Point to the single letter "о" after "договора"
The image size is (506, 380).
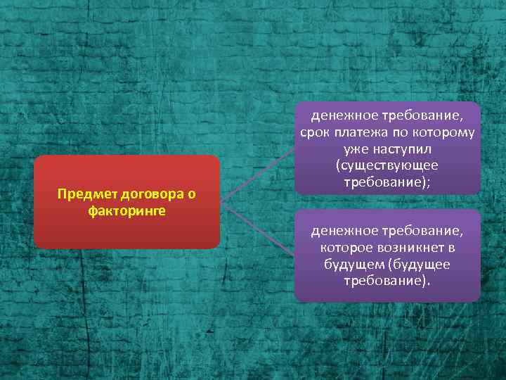click(x=190, y=194)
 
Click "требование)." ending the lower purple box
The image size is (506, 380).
click(x=387, y=280)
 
